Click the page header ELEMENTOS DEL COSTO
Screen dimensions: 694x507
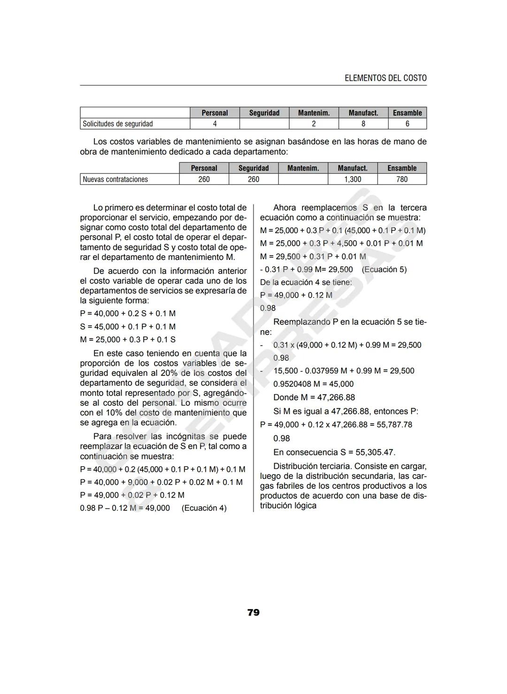[385, 78]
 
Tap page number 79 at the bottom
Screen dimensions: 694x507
[253, 612]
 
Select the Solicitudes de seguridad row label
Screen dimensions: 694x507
[118, 124]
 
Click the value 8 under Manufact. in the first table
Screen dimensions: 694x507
[363, 124]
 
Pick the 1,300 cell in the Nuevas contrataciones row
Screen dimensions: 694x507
[353, 179]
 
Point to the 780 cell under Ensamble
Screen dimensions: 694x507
[402, 179]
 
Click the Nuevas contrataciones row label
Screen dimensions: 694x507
[115, 179]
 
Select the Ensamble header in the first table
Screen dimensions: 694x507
[407, 113]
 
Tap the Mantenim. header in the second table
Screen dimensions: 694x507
[303, 168]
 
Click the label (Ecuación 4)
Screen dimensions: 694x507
[204, 508]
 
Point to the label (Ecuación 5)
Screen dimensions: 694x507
[384, 269]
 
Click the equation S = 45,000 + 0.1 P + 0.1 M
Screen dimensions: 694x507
[128, 327]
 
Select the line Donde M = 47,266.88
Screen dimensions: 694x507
[314, 397]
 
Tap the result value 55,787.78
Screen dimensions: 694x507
[394, 424]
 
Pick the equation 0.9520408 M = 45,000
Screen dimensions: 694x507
[313, 384]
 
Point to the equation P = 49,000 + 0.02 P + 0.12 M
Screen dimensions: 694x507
[132, 495]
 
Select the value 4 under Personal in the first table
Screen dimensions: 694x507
[215, 124]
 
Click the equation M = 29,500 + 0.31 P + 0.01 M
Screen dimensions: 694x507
[313, 257]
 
